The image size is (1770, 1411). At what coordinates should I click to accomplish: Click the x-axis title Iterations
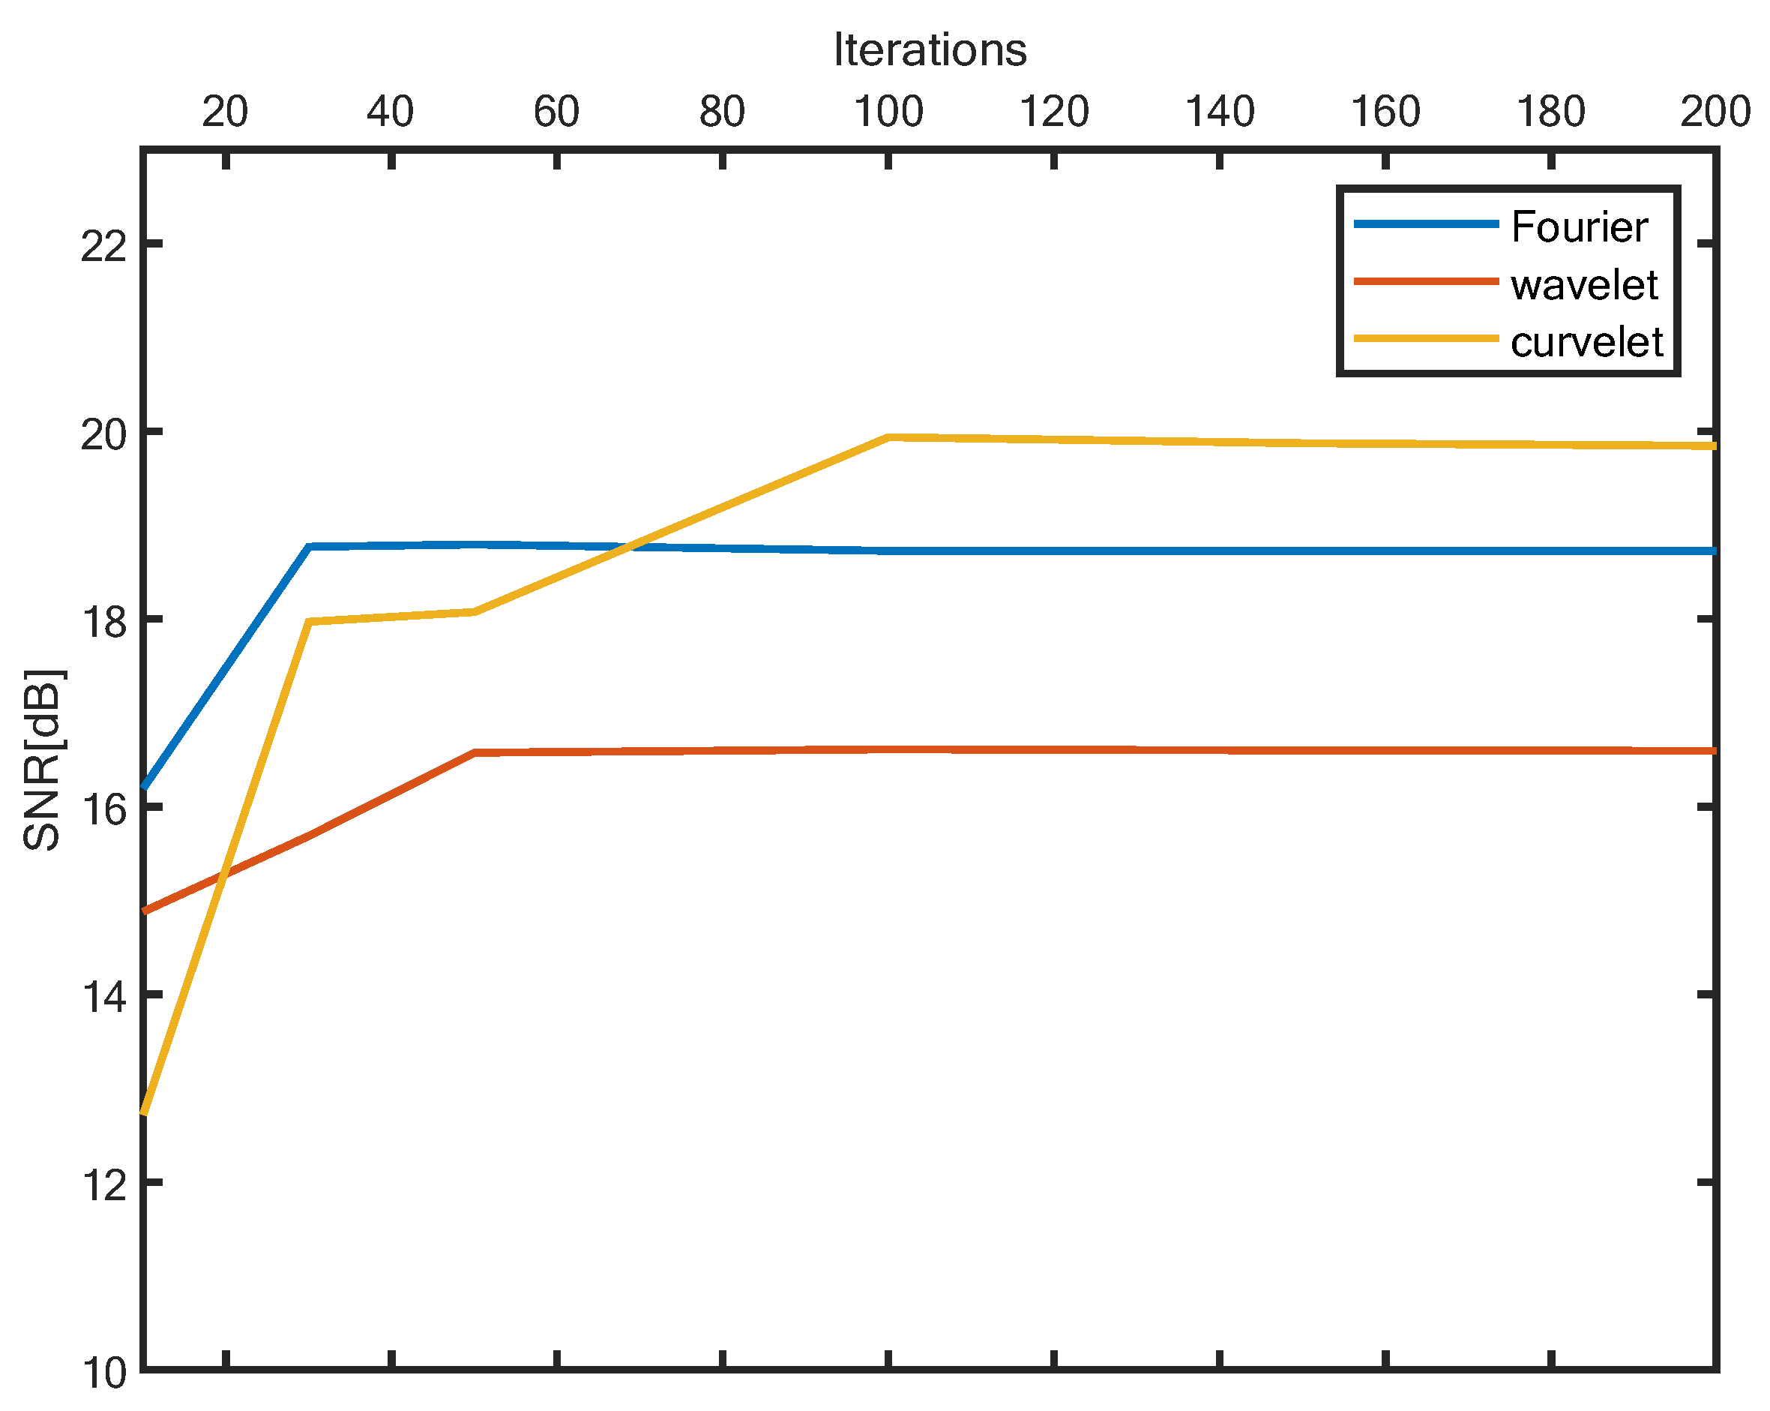tap(930, 50)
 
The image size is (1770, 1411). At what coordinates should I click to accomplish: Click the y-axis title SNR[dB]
tap(43, 760)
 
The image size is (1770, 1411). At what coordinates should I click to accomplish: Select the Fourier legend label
tap(1579, 227)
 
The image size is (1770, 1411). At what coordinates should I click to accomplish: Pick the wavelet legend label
tap(1583, 285)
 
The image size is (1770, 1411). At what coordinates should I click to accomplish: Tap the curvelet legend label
tap(1586, 341)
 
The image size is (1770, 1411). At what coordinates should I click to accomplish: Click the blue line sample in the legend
tap(1426, 224)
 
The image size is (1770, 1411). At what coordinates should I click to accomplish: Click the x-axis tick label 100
tap(889, 112)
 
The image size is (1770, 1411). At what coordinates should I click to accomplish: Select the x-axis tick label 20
tap(225, 112)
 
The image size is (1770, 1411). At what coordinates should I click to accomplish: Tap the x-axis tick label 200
tap(1715, 112)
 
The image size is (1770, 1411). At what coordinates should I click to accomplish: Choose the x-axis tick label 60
tap(556, 112)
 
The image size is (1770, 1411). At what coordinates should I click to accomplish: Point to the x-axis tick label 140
tap(1220, 112)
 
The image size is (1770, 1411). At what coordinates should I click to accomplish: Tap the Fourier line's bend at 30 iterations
tap(310, 546)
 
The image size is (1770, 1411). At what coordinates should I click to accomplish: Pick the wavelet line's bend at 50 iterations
tap(475, 752)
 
